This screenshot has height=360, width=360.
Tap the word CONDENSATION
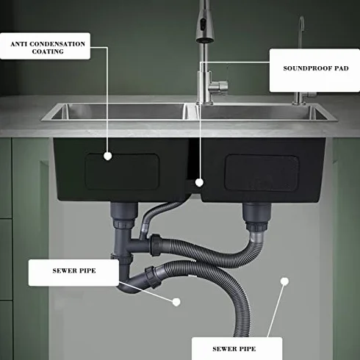[57, 44]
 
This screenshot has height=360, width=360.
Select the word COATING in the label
[48, 51]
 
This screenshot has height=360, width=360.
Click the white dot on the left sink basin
[107, 156]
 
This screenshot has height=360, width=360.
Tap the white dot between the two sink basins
[199, 182]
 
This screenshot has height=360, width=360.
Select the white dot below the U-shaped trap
[176, 302]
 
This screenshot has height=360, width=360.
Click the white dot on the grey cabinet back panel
[284, 281]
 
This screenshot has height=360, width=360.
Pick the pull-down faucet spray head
[205, 27]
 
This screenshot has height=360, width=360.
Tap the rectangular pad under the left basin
[122, 172]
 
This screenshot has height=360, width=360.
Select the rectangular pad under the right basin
[262, 173]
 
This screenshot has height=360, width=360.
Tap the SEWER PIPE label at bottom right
[234, 349]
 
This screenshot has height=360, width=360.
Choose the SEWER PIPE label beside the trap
[74, 273]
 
